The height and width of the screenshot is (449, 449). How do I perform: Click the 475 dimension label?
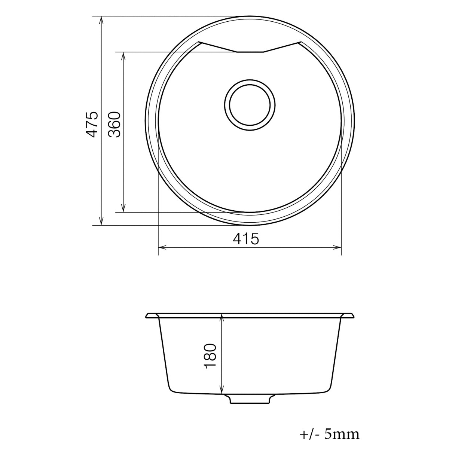point(92,124)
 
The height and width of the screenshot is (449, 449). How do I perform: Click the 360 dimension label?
point(115,125)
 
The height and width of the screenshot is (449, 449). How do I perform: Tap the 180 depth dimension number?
point(211,355)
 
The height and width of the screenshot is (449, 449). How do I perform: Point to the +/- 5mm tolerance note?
point(329,434)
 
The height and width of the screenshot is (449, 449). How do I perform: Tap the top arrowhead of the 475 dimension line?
point(101,20)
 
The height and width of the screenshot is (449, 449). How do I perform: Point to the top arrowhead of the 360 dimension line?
point(123,55)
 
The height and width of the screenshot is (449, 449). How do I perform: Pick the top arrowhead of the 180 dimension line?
point(222,318)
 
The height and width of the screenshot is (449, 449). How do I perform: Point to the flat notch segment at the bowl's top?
point(250,52)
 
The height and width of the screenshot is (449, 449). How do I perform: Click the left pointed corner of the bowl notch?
point(199,42)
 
